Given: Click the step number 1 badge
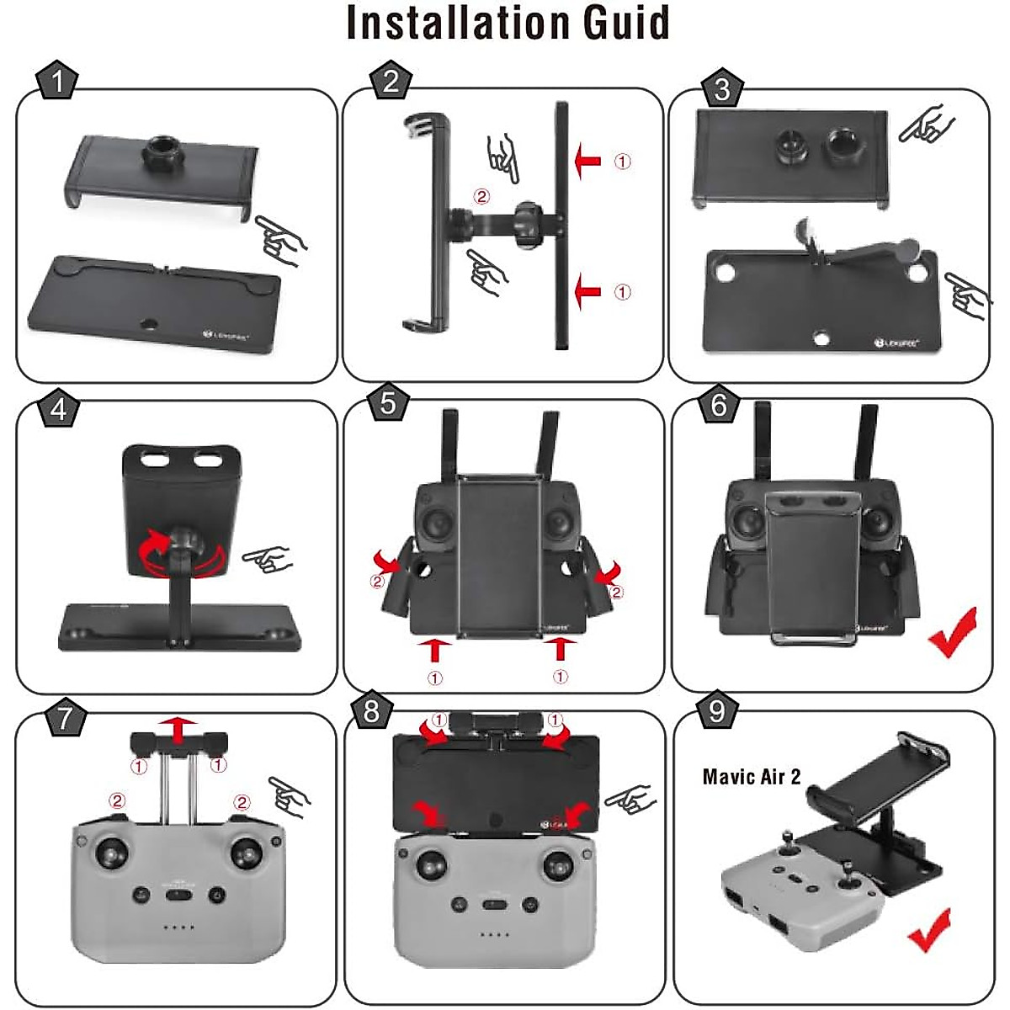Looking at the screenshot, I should coord(57,83).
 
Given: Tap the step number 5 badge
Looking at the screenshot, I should coord(388,403).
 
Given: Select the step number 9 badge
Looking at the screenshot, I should coord(717,712).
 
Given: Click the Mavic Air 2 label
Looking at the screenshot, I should coord(752,776).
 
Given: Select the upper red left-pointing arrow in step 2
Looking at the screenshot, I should coord(587,160).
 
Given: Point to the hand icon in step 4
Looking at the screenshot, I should coord(266,558).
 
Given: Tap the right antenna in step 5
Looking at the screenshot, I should coord(550,442).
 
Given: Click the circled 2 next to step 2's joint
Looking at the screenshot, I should coord(481,196).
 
